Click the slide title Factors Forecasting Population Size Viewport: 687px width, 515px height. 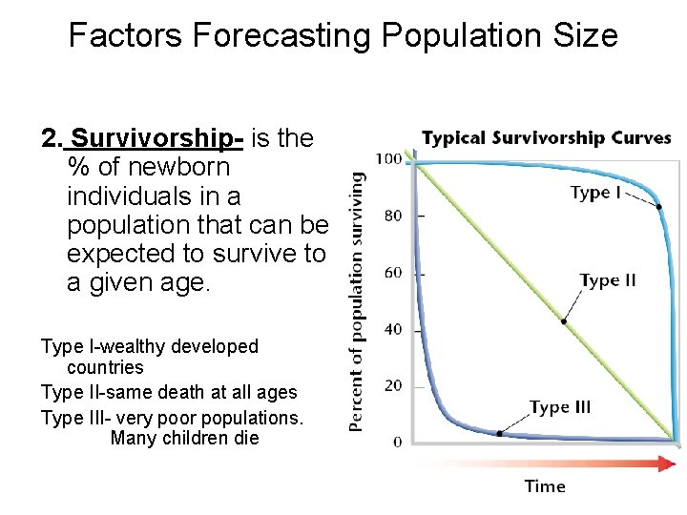(343, 36)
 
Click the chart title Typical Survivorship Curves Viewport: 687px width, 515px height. (546, 138)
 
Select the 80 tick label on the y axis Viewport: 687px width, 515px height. (392, 216)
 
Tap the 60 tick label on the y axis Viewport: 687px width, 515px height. (392, 273)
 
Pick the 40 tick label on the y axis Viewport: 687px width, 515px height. (392, 329)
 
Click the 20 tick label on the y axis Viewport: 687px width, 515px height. (392, 385)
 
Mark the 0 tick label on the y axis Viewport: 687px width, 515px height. (397, 442)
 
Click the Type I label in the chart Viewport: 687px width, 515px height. (595, 193)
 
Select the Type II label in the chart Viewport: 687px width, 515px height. (608, 280)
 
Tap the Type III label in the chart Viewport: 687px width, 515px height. (560, 407)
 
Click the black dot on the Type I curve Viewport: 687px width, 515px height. (659, 206)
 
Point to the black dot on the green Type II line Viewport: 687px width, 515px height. (564, 321)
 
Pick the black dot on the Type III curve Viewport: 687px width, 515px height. (500, 433)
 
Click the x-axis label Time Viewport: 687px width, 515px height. (545, 486)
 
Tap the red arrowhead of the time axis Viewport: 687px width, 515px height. (666, 463)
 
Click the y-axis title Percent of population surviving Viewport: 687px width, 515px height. (357, 300)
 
